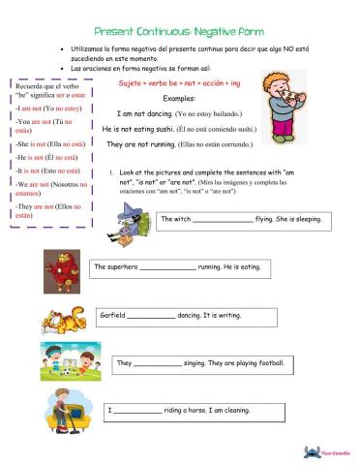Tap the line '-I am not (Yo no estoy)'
(47, 109)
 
